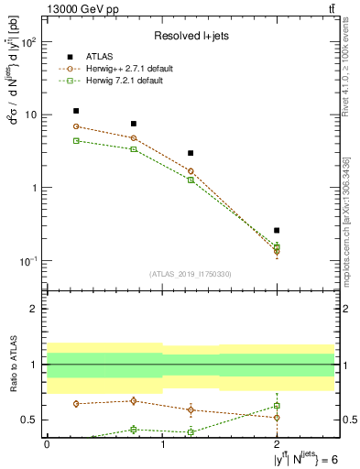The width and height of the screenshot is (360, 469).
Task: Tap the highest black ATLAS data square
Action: click(x=76, y=111)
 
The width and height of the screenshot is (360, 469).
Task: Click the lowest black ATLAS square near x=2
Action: click(x=277, y=231)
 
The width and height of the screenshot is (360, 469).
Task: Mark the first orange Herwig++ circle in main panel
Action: click(x=76, y=126)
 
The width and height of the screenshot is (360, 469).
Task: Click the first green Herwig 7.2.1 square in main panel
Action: click(x=76, y=140)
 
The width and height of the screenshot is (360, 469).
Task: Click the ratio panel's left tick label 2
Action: click(x=34, y=309)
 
